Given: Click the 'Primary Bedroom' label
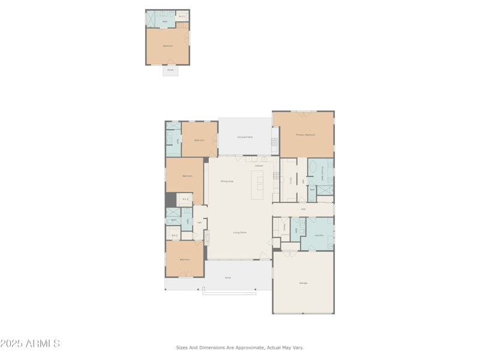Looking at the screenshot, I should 305,135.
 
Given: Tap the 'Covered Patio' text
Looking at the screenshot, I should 245,137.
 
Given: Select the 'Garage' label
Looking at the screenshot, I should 303,283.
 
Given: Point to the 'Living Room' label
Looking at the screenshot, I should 240,232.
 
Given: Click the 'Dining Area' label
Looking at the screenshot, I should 227,181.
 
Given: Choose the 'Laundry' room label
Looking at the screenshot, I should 319,235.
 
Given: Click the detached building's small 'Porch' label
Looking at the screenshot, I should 170,70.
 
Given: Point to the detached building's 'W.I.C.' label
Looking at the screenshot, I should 182,16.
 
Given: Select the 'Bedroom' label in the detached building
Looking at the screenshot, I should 168,46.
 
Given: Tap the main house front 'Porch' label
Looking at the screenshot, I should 228,278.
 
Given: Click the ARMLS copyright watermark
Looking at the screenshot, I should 30,344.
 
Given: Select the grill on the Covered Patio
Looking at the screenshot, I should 275,143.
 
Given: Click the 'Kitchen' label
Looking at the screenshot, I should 259,166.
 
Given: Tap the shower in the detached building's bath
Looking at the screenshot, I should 151,19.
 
